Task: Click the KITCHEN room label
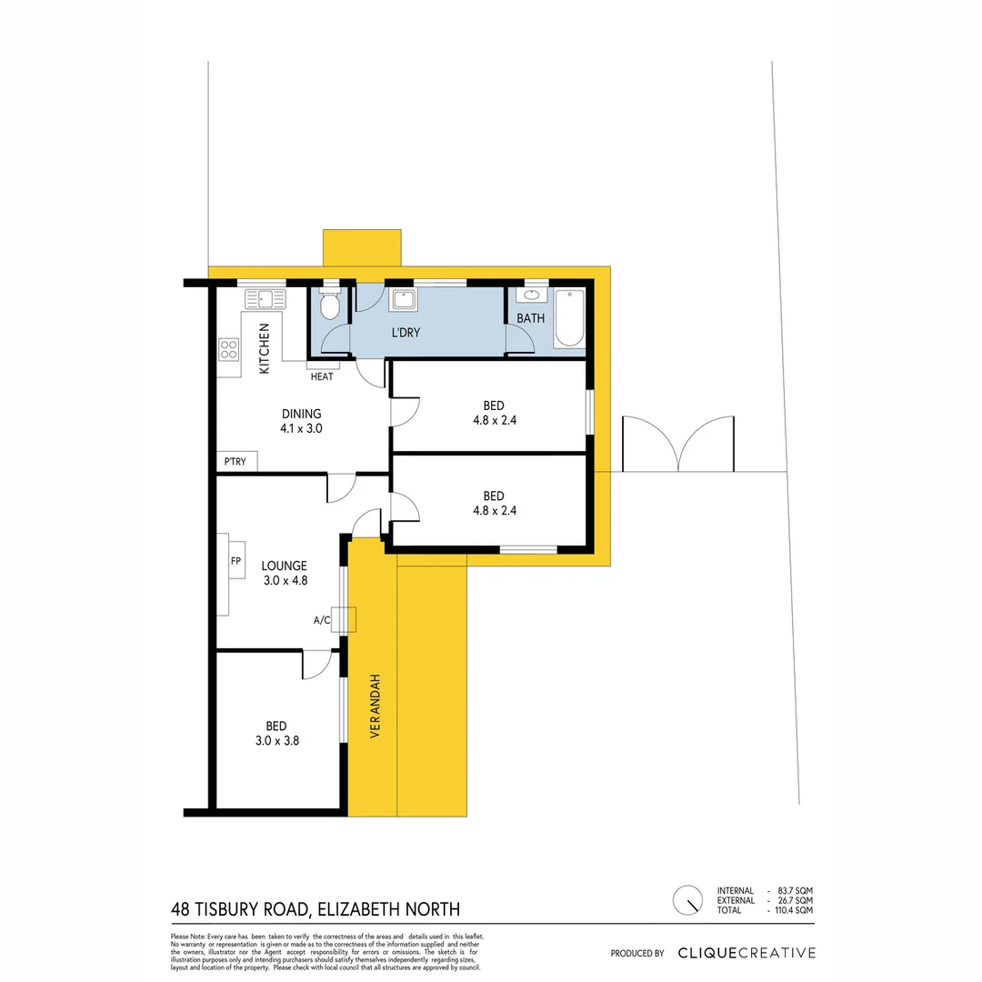(265, 349)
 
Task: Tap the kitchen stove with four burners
(228, 351)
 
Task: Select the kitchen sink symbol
(263, 298)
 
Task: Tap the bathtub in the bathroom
(569, 318)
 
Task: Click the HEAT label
(321, 376)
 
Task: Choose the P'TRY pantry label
(235, 462)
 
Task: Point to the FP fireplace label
(235, 561)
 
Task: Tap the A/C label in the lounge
(321, 621)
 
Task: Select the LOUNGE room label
(284, 566)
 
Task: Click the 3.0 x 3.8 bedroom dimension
(276, 740)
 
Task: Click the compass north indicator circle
(687, 900)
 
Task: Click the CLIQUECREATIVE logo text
(747, 953)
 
